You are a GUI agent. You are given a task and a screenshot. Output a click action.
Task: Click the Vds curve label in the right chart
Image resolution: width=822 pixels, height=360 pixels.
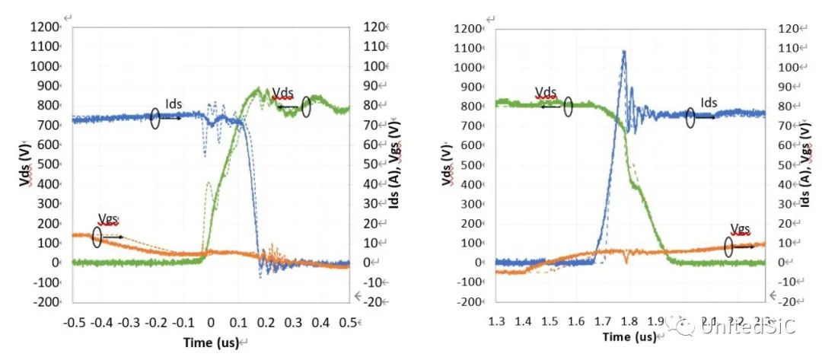pos(546,92)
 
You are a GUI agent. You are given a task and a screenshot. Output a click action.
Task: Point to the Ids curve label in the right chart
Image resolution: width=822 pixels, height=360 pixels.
pos(708,103)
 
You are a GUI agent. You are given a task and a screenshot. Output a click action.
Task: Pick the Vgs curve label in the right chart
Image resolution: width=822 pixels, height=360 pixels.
pos(740,228)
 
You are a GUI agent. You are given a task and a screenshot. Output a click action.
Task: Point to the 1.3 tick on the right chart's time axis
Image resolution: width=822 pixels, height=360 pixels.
pos(496,320)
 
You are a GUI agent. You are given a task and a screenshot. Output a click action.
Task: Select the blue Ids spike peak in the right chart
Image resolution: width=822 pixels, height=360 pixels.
pos(624,52)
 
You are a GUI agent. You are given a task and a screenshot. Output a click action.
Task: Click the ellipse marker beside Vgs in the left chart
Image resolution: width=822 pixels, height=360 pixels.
pos(97,237)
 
